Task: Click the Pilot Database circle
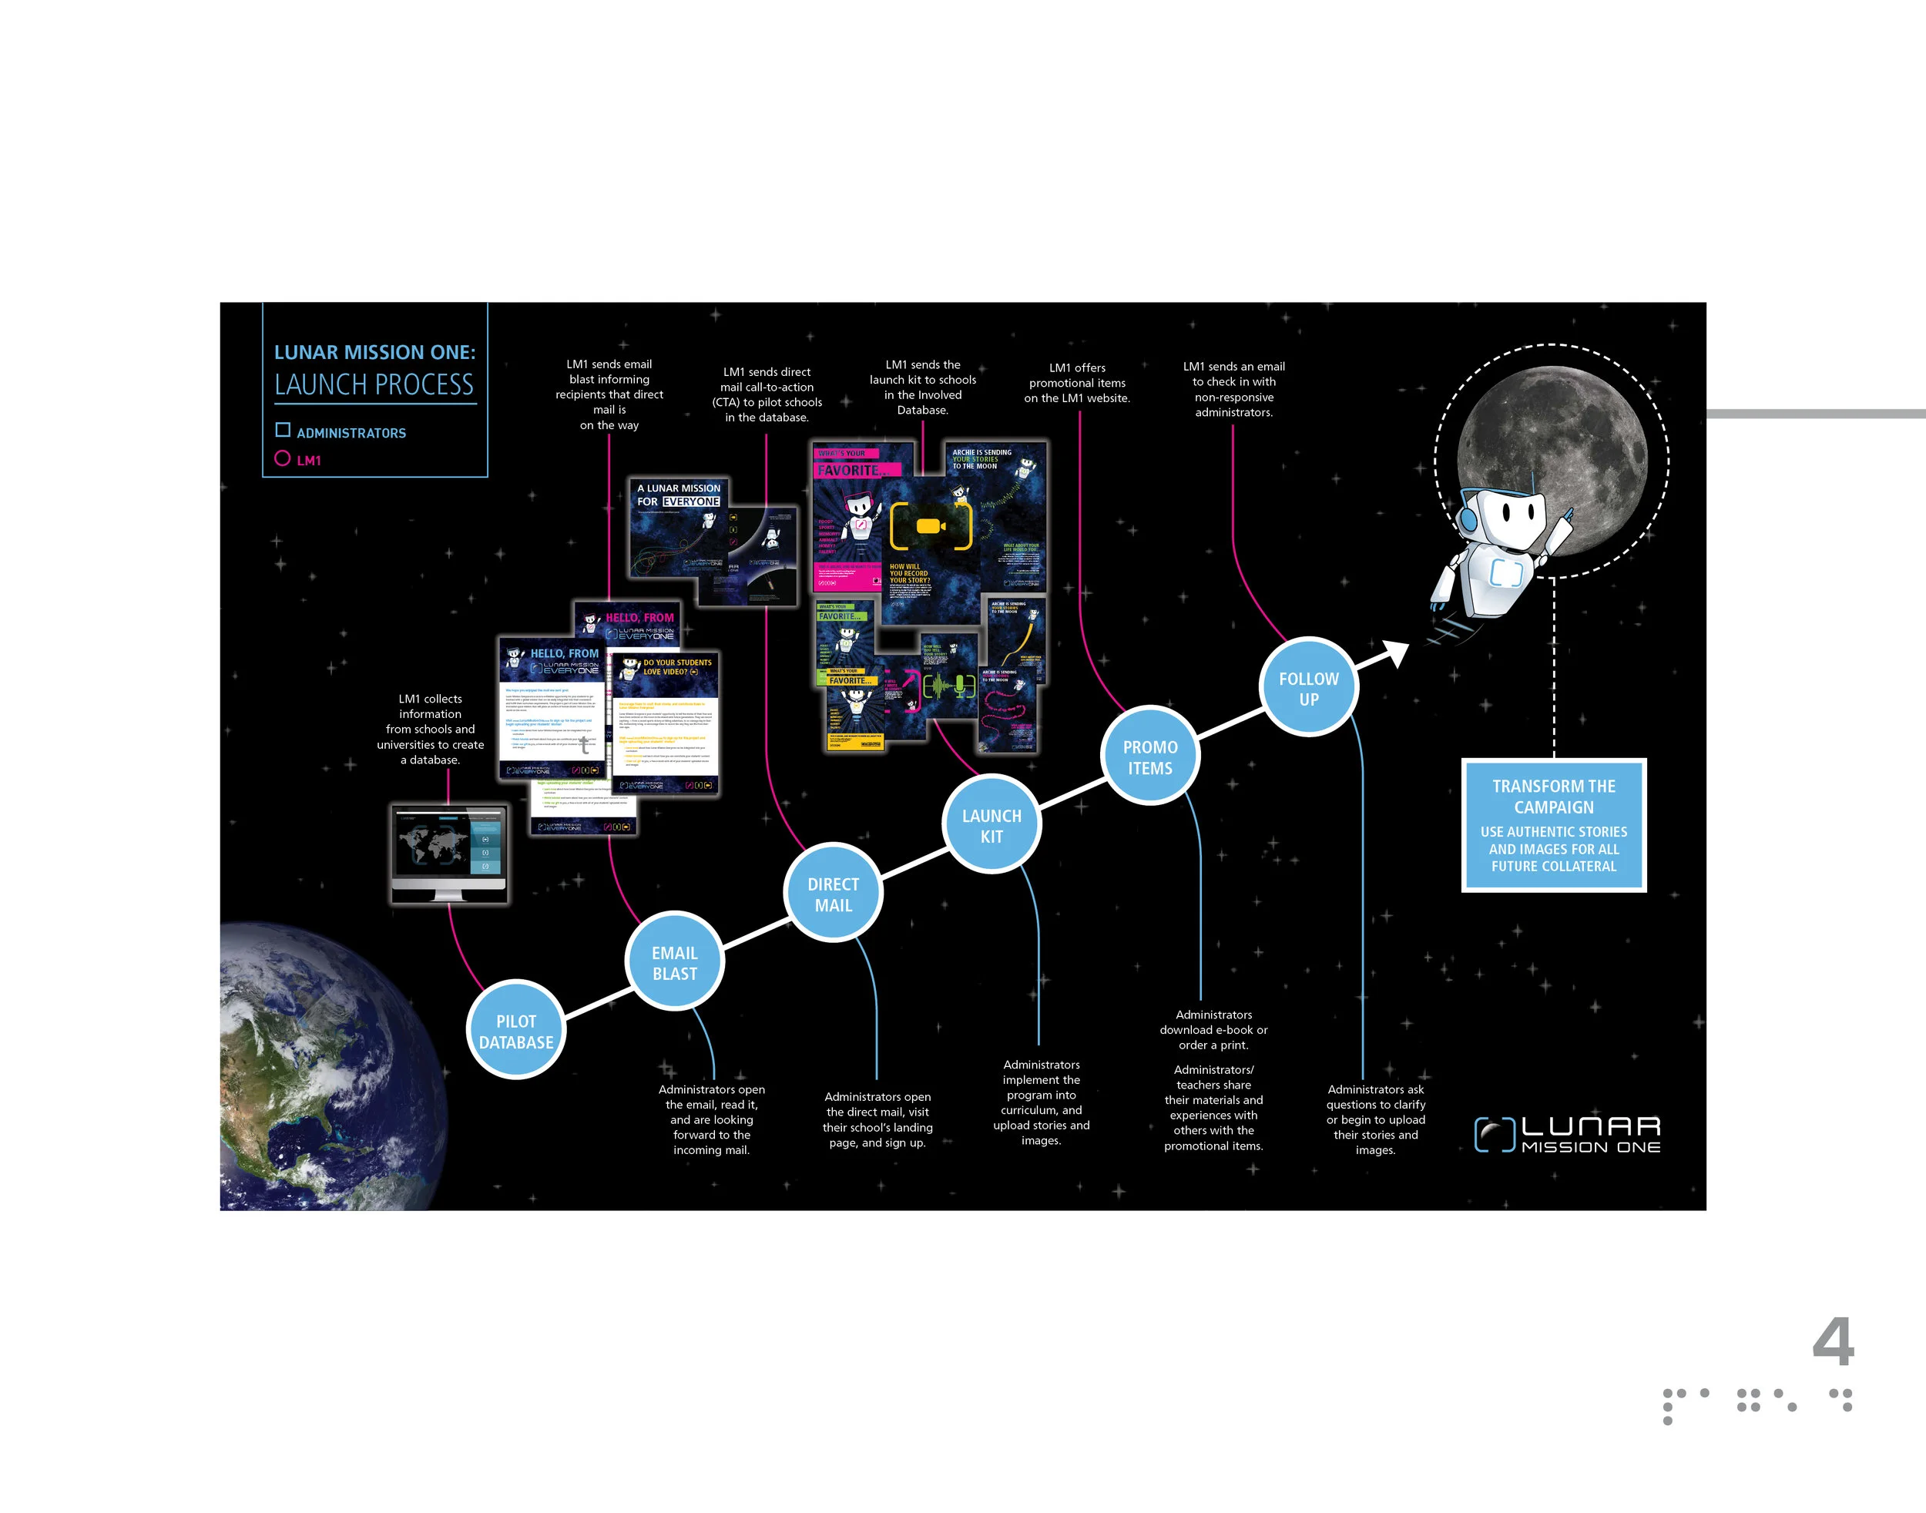pyautogui.click(x=515, y=1029)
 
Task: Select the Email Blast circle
pyautogui.click(x=674, y=962)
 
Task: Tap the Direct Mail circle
pyautogui.click(x=833, y=893)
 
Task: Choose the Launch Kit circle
pyautogui.click(x=992, y=825)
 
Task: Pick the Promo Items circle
pyautogui.click(x=1150, y=756)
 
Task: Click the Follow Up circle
pyautogui.click(x=1308, y=687)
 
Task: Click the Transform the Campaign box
pyautogui.click(x=1553, y=825)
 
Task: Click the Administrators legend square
pyautogui.click(x=283, y=430)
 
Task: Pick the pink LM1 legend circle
pyautogui.click(x=283, y=458)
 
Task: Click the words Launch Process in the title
pyautogui.click(x=374, y=384)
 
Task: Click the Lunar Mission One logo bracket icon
pyautogui.click(x=1495, y=1134)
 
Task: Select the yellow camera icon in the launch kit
pyautogui.click(x=930, y=525)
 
